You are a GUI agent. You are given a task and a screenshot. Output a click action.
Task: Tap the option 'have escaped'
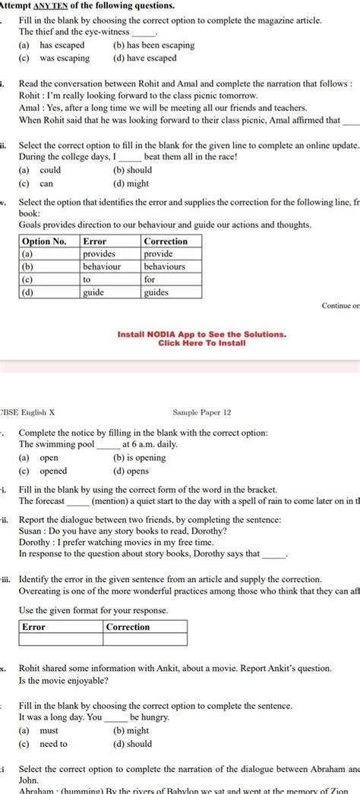pyautogui.click(x=150, y=58)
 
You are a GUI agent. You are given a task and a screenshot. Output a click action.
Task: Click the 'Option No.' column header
pyautogui.click(x=46, y=241)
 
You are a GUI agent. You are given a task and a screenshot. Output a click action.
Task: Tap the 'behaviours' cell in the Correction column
pyautogui.click(x=164, y=266)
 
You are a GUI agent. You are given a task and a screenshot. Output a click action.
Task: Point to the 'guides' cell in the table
pyautogui.click(x=156, y=291)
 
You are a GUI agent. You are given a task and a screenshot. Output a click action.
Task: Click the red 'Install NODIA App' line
pyautogui.click(x=201, y=334)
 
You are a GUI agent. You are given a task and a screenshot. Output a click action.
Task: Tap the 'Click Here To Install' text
pyautogui.click(x=201, y=343)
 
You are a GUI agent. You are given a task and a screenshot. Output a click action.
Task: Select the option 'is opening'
pyautogui.click(x=139, y=458)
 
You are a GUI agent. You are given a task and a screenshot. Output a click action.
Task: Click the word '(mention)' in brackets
pyautogui.click(x=112, y=501)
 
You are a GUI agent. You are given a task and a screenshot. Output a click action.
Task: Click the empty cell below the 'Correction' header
pyautogui.click(x=145, y=640)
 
